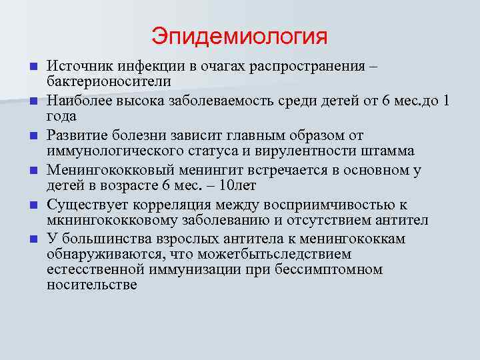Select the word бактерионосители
(109, 81)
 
